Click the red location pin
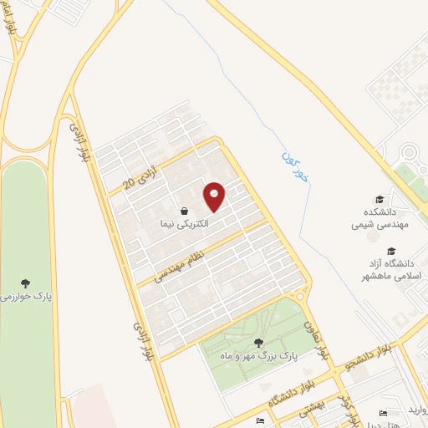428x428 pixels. (215, 196)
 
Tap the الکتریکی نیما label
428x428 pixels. (185, 225)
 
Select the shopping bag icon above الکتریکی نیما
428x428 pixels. (184, 211)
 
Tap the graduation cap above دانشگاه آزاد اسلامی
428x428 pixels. (390, 251)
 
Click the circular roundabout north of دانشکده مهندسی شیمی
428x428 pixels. (410, 154)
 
